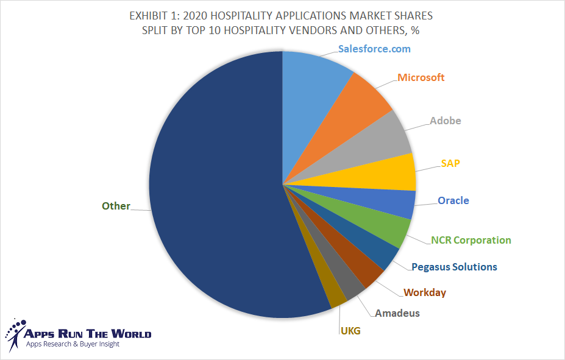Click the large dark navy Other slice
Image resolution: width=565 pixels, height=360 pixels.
coord(207,183)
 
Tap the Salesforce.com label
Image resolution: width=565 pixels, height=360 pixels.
coord(374,49)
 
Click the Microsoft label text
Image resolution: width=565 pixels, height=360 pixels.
coord(421,78)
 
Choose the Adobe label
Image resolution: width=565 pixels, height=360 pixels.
coord(446,121)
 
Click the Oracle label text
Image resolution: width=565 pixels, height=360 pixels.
coord(453,200)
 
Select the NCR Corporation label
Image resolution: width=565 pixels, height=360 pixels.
coord(471,240)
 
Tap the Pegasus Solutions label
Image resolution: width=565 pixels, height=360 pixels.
coord(454,267)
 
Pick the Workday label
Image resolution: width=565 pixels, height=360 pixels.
coord(425,292)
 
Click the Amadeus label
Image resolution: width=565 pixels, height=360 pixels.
coord(397,313)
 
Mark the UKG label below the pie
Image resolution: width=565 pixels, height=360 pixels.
coord(350,331)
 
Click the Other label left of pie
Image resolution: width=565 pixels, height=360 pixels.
coord(116,206)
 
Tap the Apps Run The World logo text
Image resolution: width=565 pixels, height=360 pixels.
coord(87,334)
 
